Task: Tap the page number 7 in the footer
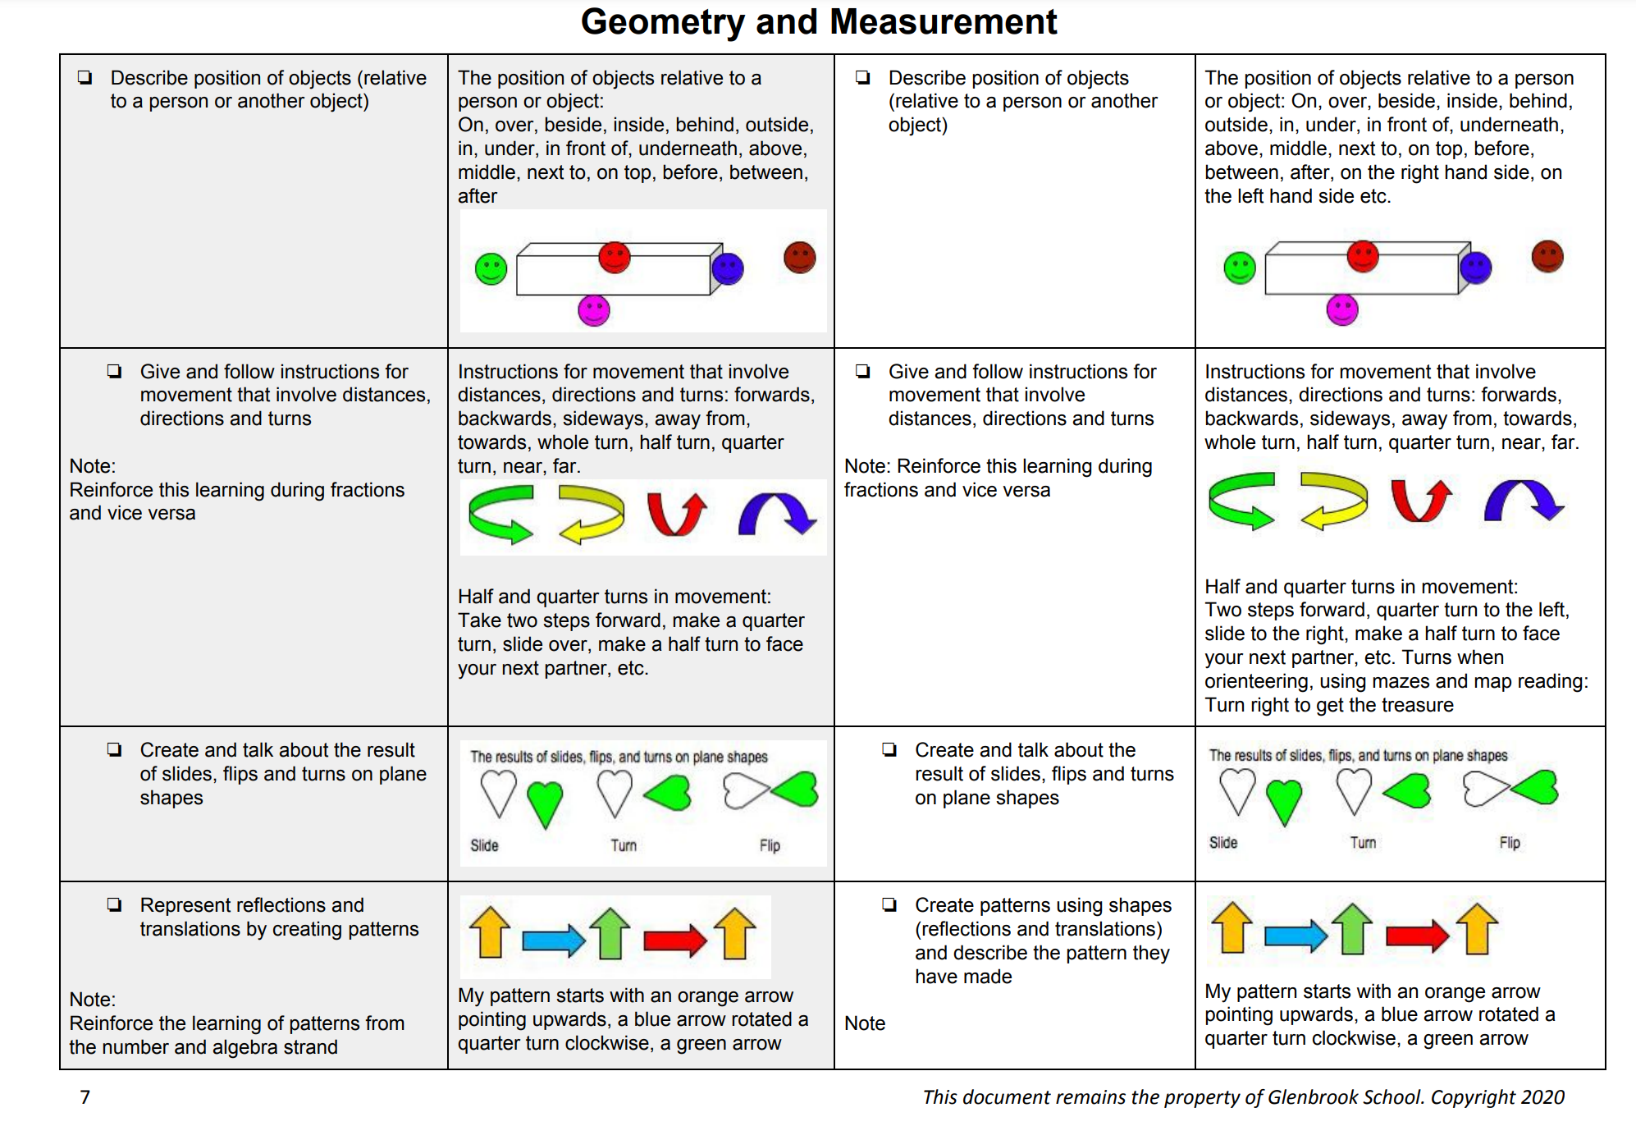point(85,1096)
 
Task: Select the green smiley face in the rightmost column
point(1239,268)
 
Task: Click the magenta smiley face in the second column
point(593,311)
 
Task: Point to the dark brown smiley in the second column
point(799,258)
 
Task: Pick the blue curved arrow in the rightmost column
point(1524,501)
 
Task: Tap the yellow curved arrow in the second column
point(591,514)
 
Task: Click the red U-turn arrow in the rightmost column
point(1421,501)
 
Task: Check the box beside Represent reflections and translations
point(114,904)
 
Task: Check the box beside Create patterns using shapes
point(889,904)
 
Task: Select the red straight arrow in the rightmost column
point(1417,935)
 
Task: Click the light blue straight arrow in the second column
point(553,940)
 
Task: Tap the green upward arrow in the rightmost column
point(1352,929)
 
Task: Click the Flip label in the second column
point(770,845)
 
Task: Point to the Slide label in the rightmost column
point(1222,843)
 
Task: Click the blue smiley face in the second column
point(728,268)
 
